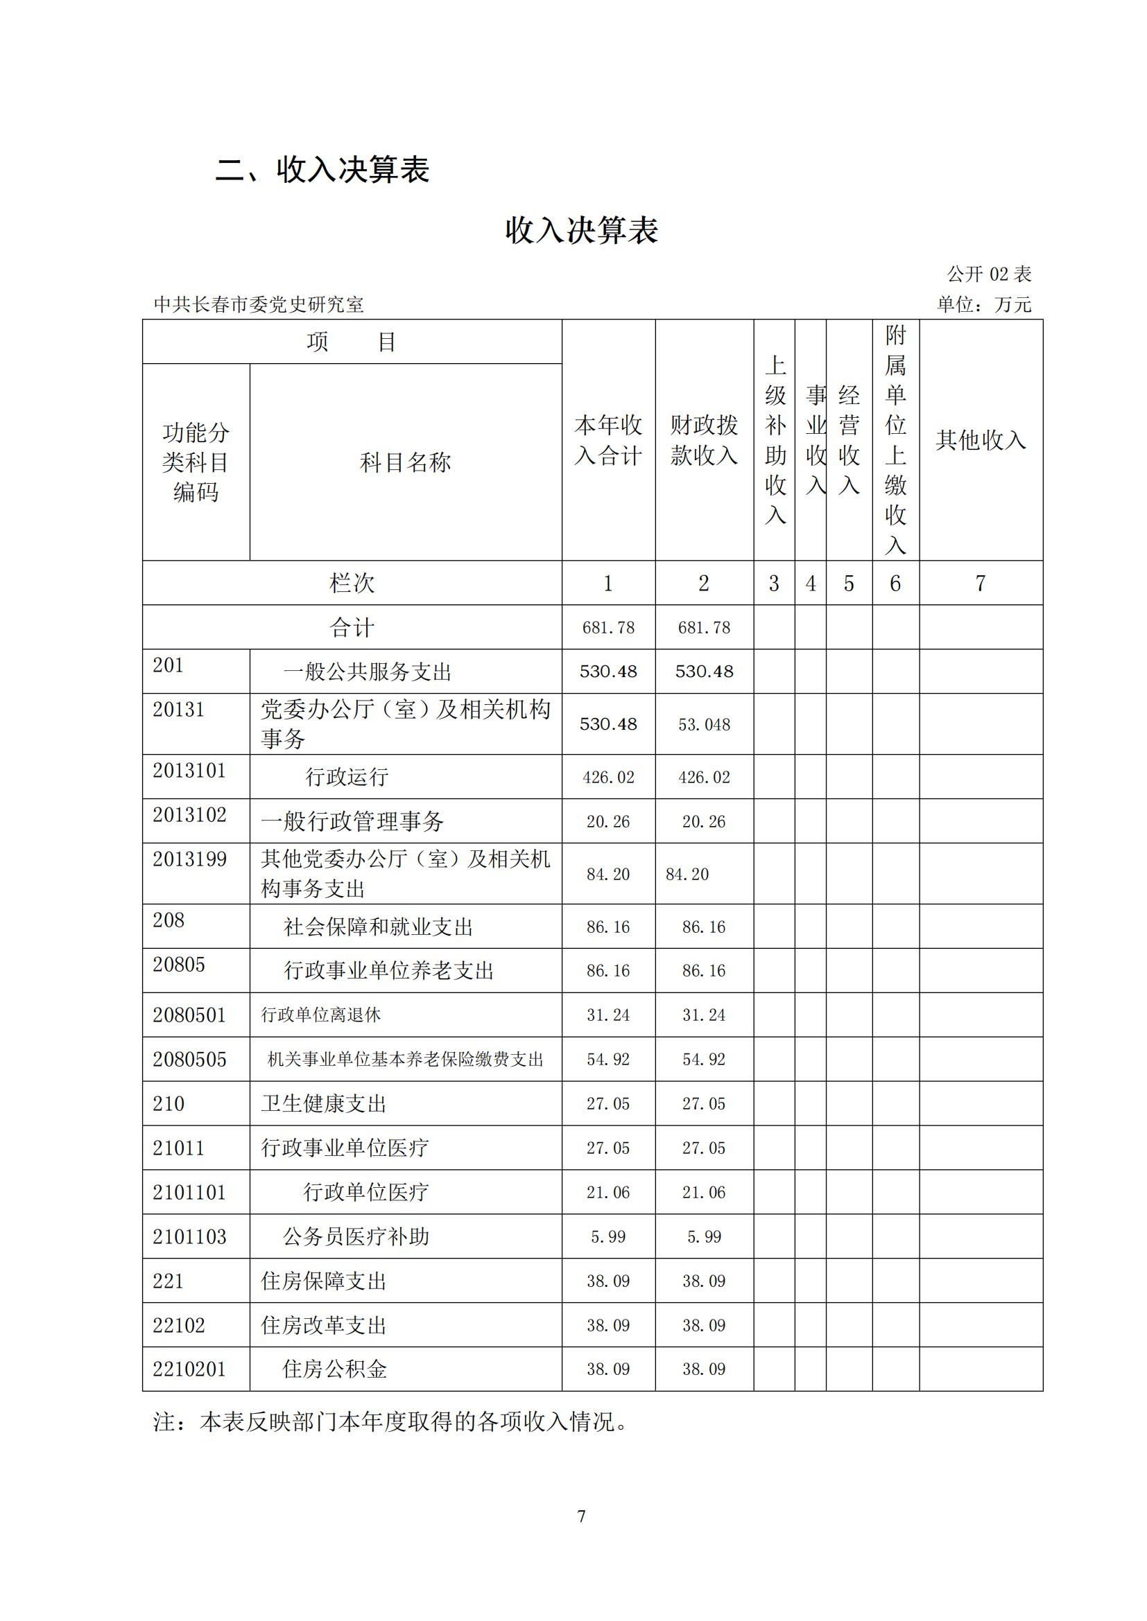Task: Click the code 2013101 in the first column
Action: (x=189, y=770)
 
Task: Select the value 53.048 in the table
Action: (x=703, y=724)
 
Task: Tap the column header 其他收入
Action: (x=980, y=440)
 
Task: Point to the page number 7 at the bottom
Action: (x=581, y=1516)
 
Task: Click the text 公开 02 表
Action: (x=989, y=274)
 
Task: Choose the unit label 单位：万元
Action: (x=983, y=304)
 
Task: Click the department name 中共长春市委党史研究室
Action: (x=259, y=304)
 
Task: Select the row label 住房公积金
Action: (x=335, y=1369)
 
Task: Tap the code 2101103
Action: (x=189, y=1236)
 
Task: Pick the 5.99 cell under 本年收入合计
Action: (x=607, y=1236)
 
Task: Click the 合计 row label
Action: (x=352, y=627)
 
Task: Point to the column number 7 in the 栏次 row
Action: (x=980, y=583)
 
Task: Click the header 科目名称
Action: (x=405, y=462)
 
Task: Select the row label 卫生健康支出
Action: (x=323, y=1103)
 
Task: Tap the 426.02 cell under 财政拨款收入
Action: (x=703, y=778)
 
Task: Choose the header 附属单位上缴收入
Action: (x=895, y=439)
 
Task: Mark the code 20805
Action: (x=179, y=965)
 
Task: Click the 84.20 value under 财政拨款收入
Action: (x=687, y=874)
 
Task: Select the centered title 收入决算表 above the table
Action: (x=581, y=230)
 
